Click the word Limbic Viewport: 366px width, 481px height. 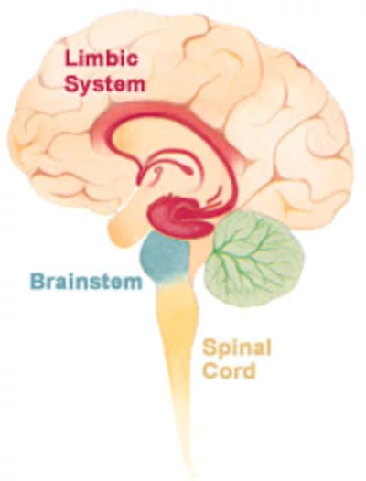(101, 59)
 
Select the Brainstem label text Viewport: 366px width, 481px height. (86, 282)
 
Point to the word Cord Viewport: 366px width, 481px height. (229, 370)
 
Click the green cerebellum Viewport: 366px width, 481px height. (253, 258)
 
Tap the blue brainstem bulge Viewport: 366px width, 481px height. (165, 254)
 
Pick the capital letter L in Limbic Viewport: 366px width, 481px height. (70, 59)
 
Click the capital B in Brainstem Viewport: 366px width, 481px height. (37, 282)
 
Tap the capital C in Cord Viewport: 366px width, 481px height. (210, 370)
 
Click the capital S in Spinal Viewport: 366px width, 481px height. (210, 347)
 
